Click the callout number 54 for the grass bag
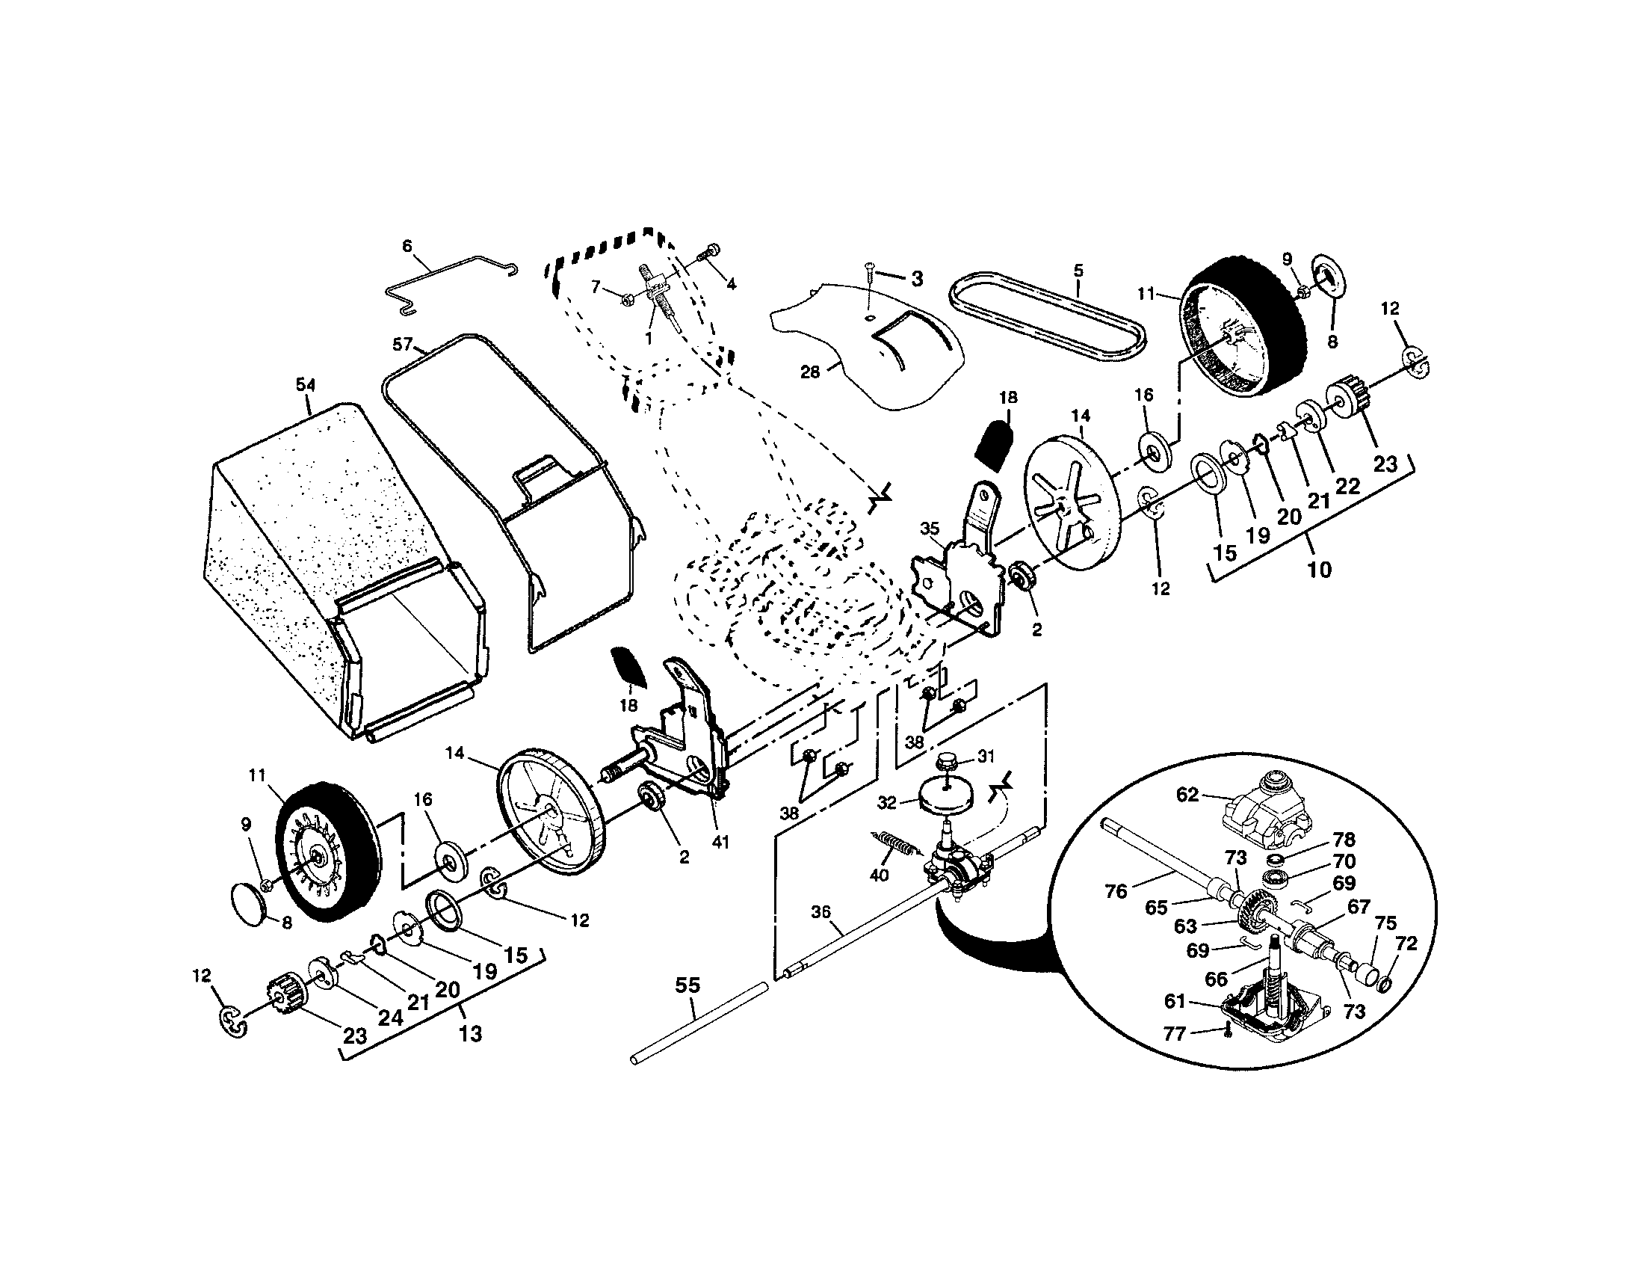pyautogui.click(x=305, y=385)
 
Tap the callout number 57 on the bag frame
pyautogui.click(x=402, y=345)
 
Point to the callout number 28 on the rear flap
pyautogui.click(x=809, y=372)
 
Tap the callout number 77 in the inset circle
pyautogui.click(x=1174, y=1034)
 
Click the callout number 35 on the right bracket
pyautogui.click(x=930, y=529)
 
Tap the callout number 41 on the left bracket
pyautogui.click(x=720, y=842)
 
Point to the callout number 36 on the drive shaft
pyautogui.click(x=821, y=912)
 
